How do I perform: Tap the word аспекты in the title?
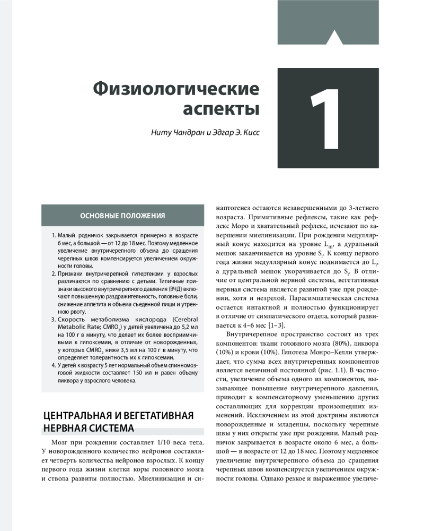point(221,109)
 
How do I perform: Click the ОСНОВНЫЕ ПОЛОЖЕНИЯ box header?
point(122,216)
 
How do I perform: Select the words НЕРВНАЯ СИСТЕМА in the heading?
point(88,428)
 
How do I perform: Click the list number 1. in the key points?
point(54,235)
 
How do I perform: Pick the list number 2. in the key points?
point(54,273)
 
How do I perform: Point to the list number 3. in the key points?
point(54,320)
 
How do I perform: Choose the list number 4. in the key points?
point(54,366)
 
